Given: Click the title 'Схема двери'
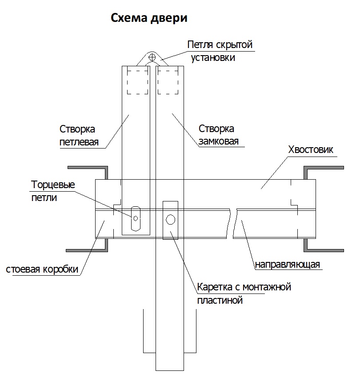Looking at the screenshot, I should coord(149,18).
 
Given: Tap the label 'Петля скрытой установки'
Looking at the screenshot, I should coord(220,51).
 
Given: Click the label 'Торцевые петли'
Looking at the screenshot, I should coord(53,191).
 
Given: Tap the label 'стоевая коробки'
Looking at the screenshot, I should coord(42,269).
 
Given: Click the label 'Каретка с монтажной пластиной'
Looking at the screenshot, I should coord(244,294).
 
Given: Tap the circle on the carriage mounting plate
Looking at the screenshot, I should coord(170,219).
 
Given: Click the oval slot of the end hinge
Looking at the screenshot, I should coord(136,217).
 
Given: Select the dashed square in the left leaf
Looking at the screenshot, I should coord(137,80).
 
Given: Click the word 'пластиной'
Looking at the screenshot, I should coord(220,300).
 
